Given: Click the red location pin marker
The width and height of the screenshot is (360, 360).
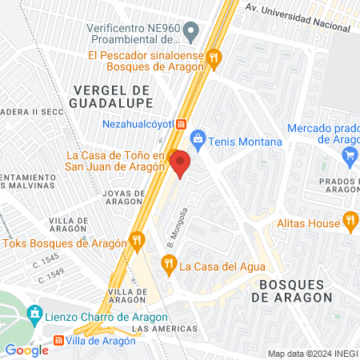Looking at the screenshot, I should coord(180,163).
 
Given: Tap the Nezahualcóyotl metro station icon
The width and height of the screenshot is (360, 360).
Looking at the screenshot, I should coord(182,124).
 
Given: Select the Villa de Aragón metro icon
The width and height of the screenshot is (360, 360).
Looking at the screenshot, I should coord(59,341).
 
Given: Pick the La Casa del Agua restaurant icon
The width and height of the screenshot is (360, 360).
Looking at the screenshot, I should coord(168,261).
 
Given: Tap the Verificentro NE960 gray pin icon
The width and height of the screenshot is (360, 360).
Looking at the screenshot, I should coord(191,33).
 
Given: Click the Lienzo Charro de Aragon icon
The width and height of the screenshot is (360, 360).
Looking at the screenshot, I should coord(34,314).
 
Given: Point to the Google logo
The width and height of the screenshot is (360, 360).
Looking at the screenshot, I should coord(26,350).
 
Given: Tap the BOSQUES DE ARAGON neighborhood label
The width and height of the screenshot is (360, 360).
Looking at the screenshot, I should coord(291,290).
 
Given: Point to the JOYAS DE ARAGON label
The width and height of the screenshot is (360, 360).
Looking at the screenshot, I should coord(124,198).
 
